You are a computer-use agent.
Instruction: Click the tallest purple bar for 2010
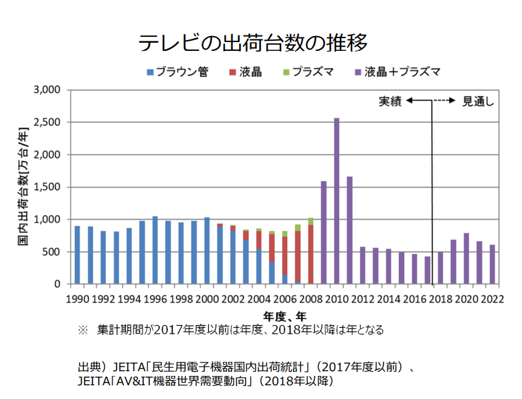pos(337,201)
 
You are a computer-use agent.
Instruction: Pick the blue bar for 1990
pos(78,255)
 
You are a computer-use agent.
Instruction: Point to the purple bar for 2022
pos(492,264)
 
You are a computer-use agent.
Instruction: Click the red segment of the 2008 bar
pos(311,254)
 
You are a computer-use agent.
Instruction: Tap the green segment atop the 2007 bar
pos(298,227)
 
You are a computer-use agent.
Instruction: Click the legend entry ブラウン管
pos(177,72)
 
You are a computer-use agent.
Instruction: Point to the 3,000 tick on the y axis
pos(47,90)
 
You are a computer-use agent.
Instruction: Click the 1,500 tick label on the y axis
pos(47,187)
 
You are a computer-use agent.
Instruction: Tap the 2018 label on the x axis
pos(440,299)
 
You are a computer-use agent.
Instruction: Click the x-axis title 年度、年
pos(284,315)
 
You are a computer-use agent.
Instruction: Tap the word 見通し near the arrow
pos(478,101)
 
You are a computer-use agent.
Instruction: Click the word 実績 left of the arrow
pos(390,101)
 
